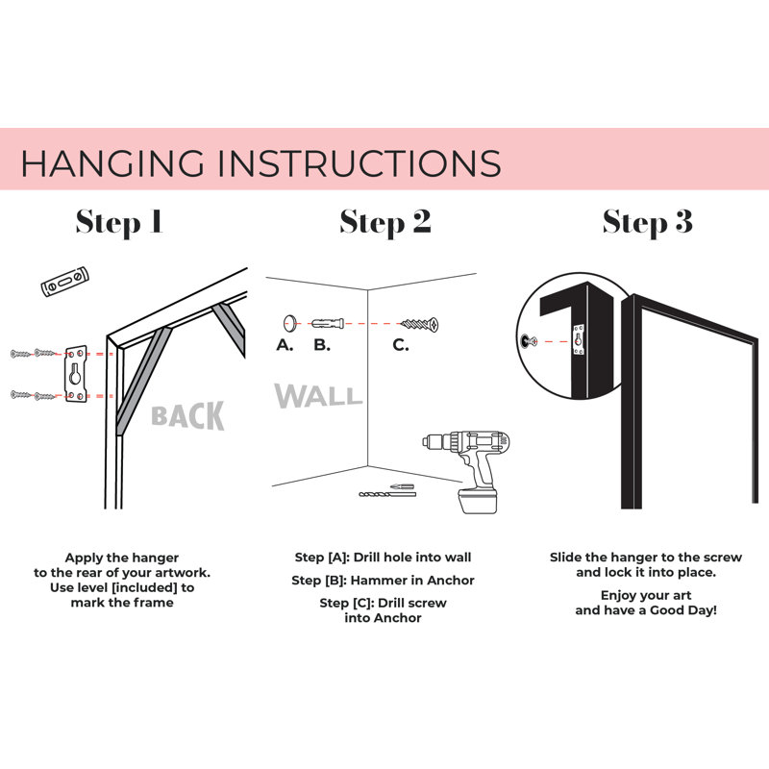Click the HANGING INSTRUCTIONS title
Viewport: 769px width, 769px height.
[260, 162]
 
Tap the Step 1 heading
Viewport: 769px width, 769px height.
[119, 222]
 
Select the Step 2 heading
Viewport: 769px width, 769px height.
[385, 222]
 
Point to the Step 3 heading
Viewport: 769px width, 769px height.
[648, 222]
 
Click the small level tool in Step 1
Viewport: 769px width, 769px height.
[64, 282]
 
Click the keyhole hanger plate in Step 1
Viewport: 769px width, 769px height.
[76, 374]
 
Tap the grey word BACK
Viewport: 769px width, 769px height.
[187, 416]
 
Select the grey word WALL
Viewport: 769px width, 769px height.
[318, 396]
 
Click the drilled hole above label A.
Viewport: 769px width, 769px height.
[290, 323]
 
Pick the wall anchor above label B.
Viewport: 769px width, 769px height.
[328, 324]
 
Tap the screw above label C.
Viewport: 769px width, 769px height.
[420, 324]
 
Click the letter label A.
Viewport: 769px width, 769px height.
[285, 345]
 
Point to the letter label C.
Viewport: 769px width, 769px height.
[400, 345]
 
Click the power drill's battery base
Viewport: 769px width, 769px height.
[477, 501]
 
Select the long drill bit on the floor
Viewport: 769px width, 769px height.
[387, 494]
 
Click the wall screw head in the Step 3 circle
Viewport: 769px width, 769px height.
[526, 341]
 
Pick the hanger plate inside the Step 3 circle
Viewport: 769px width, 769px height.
[579, 339]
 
